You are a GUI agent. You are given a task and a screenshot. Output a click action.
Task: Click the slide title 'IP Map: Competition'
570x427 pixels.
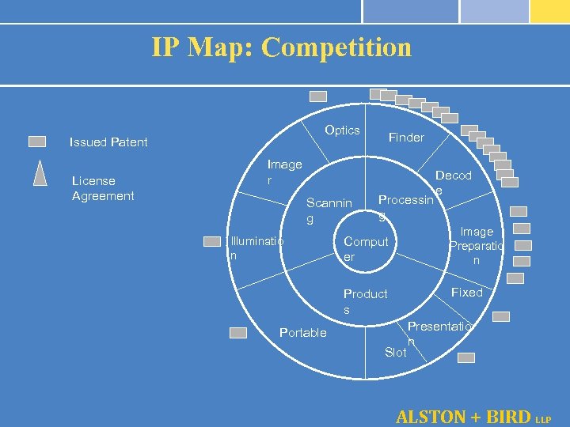pos(282,47)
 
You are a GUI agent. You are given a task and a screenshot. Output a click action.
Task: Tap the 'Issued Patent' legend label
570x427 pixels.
pos(108,142)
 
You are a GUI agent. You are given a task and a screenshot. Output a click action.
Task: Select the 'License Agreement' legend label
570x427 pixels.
pos(103,188)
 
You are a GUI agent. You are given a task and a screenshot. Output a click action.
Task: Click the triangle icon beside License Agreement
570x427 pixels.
pos(40,172)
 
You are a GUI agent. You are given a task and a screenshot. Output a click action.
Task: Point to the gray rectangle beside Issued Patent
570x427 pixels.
pos(37,142)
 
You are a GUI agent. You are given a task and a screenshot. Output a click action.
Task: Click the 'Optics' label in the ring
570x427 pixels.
pos(342,130)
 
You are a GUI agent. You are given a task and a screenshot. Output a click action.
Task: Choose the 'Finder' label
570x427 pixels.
pos(406,138)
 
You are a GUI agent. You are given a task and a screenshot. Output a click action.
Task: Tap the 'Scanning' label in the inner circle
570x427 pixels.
pos(329,210)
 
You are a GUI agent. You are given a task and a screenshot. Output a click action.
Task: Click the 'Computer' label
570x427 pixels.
pos(366,249)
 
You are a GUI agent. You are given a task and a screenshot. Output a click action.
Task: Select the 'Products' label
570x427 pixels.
pos(365,300)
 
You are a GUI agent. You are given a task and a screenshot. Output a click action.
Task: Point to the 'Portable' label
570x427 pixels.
pos(302,333)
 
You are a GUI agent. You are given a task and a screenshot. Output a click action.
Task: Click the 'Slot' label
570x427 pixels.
pos(395,353)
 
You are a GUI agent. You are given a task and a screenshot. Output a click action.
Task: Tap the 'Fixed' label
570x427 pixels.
pos(466,293)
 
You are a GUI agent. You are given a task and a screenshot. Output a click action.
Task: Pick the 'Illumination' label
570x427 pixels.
pos(256,248)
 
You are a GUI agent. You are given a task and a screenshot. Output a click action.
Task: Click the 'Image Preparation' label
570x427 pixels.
pos(477,245)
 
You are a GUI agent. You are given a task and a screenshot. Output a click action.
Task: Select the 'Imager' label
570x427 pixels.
pos(284,172)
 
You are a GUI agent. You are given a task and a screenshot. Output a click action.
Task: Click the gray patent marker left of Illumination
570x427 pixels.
pos(212,241)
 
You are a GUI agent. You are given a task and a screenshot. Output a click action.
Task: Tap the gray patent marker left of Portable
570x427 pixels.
pos(238,333)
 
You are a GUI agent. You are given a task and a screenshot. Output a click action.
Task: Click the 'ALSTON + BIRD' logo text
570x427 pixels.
pos(463,416)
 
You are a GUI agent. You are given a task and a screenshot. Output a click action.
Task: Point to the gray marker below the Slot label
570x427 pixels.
pos(466,357)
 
